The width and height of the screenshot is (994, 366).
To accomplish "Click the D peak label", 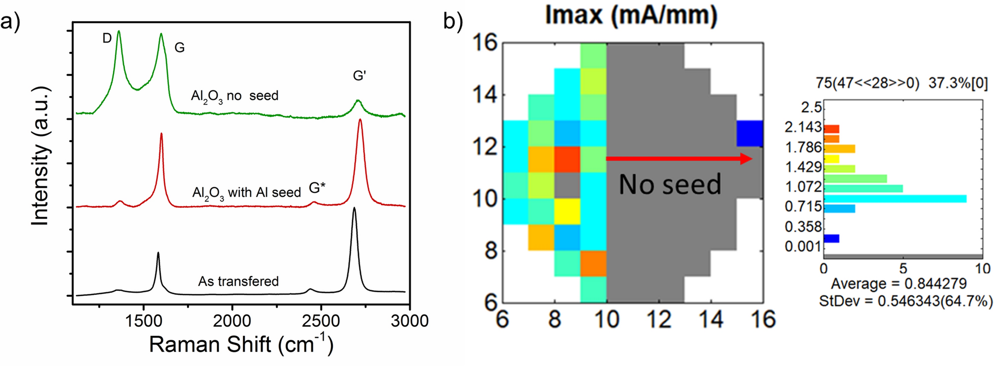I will pyautogui.click(x=107, y=38).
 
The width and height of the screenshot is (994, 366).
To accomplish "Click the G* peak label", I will pyautogui.click(x=317, y=188).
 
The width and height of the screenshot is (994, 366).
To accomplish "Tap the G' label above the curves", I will pyautogui.click(x=359, y=76).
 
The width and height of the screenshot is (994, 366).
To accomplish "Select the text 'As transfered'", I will pyautogui.click(x=238, y=281).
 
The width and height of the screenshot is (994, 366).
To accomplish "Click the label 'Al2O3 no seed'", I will pyautogui.click(x=234, y=96).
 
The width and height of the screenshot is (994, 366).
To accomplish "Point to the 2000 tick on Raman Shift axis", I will pyautogui.click(x=232, y=321).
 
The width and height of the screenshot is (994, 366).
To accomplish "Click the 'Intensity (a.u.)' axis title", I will pyautogui.click(x=41, y=156).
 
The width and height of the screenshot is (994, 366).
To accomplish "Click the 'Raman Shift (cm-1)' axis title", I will pyautogui.click(x=241, y=344).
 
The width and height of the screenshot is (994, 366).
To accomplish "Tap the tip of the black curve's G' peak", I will pyautogui.click(x=354, y=208).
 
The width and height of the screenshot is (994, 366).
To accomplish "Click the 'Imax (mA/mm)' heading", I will pyautogui.click(x=632, y=15).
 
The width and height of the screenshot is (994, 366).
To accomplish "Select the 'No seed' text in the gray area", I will pyautogui.click(x=670, y=184).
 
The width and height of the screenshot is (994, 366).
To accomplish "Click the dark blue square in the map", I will pyautogui.click(x=750, y=133).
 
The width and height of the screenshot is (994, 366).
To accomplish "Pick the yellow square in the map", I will pyautogui.click(x=567, y=211).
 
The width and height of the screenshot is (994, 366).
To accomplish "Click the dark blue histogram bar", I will pyautogui.click(x=831, y=239).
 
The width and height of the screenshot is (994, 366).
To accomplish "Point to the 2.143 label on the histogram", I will pyautogui.click(x=803, y=127).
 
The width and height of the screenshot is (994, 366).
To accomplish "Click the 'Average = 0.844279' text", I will pyautogui.click(x=899, y=284).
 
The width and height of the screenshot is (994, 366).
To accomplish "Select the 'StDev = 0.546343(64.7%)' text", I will pyautogui.click(x=905, y=300).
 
